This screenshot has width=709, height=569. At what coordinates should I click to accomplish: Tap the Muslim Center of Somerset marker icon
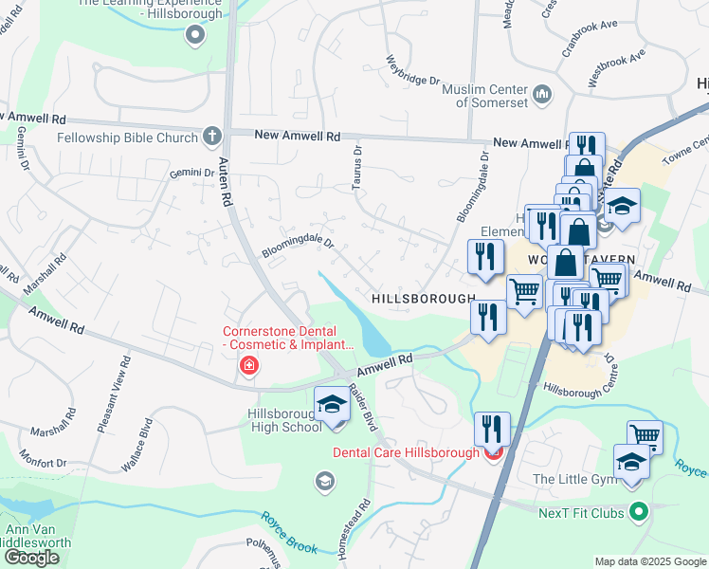click(543, 93)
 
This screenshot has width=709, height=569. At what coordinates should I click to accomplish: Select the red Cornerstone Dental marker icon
click(249, 366)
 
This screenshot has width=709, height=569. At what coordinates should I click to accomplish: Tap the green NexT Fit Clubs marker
click(640, 512)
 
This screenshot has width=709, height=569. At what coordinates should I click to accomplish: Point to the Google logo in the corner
click(31, 558)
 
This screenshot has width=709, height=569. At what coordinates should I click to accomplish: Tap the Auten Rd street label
click(227, 181)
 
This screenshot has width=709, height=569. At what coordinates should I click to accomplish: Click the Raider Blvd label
click(363, 407)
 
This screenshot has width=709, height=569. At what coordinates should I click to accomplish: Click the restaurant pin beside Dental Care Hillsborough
click(492, 428)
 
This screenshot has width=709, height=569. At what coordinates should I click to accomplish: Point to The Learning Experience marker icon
click(196, 36)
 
